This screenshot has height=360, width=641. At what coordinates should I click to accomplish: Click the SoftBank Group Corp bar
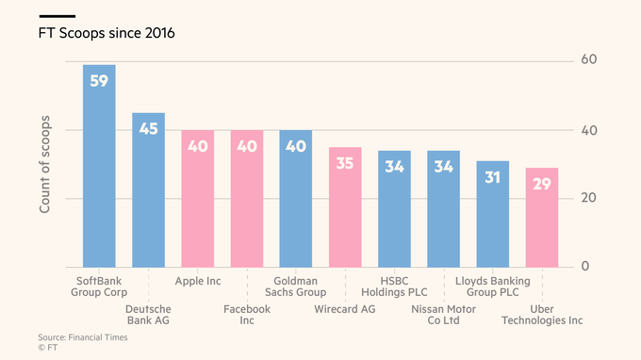[x=99, y=170]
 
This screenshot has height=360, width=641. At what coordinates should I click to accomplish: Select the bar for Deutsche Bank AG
[x=148, y=193]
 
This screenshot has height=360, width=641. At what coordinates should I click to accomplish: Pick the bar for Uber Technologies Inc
[x=542, y=219]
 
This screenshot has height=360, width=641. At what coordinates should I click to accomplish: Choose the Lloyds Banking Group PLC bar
[x=493, y=216]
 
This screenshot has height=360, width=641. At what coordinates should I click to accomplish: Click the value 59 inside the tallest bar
[x=99, y=82]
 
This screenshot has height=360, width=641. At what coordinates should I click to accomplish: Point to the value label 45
[x=148, y=129]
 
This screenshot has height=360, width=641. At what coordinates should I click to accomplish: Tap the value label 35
[x=345, y=164]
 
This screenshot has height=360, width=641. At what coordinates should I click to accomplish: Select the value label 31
[x=493, y=177]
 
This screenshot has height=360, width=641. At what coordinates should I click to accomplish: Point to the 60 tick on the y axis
[x=589, y=60]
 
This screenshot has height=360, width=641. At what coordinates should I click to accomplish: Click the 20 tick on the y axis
[x=589, y=198]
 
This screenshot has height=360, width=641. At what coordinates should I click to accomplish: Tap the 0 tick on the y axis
[x=584, y=267]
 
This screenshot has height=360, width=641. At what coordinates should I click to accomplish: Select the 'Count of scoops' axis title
[x=44, y=166]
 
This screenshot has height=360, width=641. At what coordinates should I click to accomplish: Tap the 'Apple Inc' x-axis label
[x=199, y=281]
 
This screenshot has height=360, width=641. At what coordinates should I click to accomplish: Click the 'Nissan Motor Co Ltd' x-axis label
[x=443, y=314]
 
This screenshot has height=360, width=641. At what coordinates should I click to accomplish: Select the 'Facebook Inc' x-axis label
[x=246, y=314]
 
